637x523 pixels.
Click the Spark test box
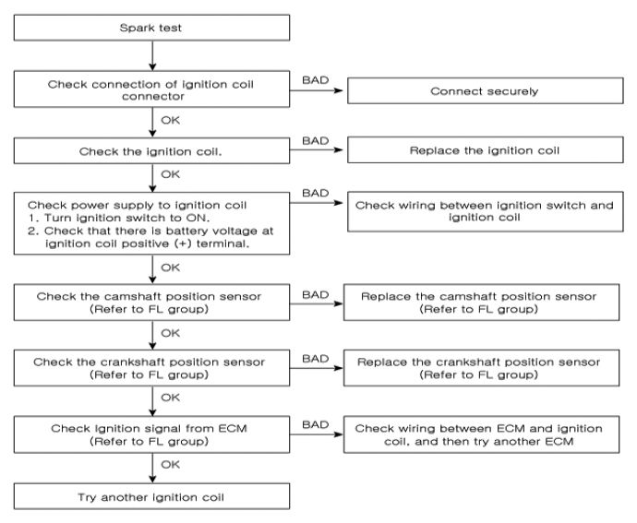click(x=151, y=28)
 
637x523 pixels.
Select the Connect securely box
click(x=485, y=90)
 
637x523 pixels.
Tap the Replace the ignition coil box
click(x=485, y=149)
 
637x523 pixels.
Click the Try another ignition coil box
click(x=151, y=496)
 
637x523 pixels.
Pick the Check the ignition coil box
click(x=151, y=150)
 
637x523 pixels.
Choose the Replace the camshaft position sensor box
click(x=481, y=303)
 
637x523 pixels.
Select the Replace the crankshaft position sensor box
click(x=481, y=368)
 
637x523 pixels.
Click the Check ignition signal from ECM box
click(x=151, y=434)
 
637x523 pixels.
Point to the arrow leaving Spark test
click(x=152, y=55)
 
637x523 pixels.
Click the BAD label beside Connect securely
click(x=315, y=80)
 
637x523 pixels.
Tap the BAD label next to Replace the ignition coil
click(x=315, y=141)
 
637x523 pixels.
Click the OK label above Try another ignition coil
click(x=170, y=465)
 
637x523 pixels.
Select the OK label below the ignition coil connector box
click(x=170, y=120)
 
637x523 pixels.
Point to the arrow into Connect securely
click(x=317, y=90)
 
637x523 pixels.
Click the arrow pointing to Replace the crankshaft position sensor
click(x=317, y=368)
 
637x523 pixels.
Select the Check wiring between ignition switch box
click(x=485, y=211)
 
